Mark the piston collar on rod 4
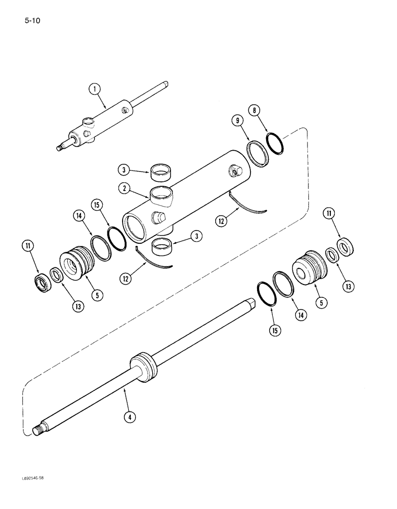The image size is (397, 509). point(144,367)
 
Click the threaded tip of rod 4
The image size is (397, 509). point(37,432)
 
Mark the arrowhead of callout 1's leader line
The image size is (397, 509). point(106,108)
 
